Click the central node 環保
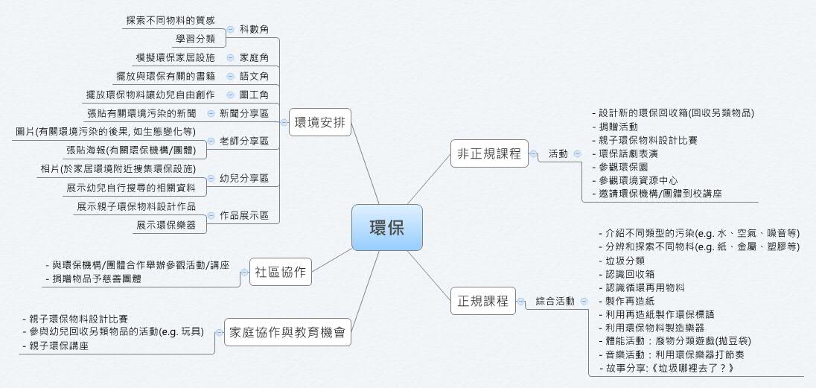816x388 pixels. (387, 227)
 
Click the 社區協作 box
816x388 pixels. (279, 272)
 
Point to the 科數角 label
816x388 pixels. (254, 29)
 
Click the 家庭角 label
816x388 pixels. (254, 57)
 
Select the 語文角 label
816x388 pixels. (254, 76)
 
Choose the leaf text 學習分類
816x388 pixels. (195, 39)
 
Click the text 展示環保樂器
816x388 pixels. (166, 224)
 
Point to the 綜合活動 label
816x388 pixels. (555, 301)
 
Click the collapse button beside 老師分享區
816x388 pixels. (211, 141)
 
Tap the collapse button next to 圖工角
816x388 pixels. (231, 95)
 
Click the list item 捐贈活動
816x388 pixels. (618, 127)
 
